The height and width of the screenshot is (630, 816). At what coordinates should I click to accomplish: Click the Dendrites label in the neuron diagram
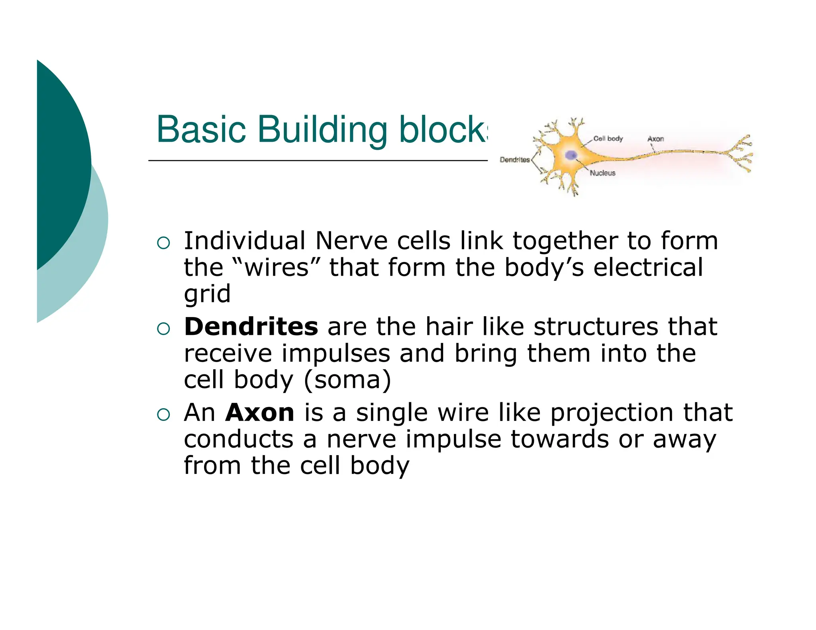point(514,160)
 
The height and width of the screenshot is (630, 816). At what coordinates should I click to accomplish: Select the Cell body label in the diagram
point(608,139)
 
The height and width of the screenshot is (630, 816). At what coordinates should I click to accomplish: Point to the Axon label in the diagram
point(655,139)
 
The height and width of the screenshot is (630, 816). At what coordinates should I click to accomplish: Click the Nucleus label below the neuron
point(602,173)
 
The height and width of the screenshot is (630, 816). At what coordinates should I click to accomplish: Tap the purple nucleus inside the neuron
point(571,155)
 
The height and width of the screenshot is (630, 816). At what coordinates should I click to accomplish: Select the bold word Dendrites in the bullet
point(251,327)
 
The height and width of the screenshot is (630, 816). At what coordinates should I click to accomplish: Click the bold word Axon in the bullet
point(260,413)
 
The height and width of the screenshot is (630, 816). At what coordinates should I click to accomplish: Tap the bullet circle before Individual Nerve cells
point(163,243)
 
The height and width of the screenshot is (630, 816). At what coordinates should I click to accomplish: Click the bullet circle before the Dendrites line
point(163,329)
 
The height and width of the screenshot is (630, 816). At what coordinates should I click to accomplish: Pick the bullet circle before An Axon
point(163,415)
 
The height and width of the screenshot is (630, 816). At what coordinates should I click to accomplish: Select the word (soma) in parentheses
point(347,380)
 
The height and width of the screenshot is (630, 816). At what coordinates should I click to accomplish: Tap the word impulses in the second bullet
point(335,353)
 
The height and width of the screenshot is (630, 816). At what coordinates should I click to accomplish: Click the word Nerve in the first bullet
point(351,241)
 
